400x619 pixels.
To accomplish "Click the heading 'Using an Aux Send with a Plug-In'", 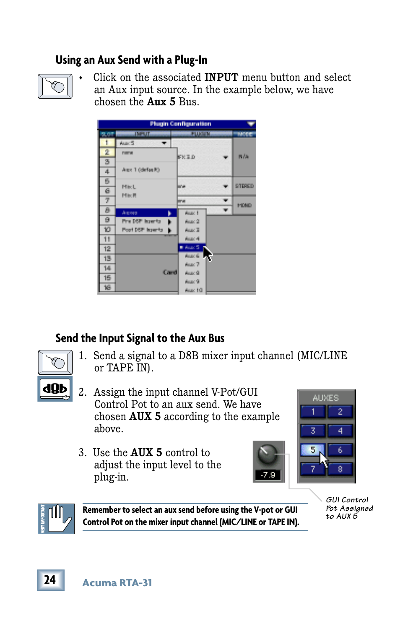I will click(x=131, y=60).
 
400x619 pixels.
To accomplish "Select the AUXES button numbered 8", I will click(x=340, y=469).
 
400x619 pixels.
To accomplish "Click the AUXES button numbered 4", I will click(x=340, y=431).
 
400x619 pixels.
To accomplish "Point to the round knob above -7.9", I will click(x=268, y=454).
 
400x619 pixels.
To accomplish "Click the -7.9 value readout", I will click(x=268, y=475).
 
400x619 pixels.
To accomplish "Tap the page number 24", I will click(x=50, y=580).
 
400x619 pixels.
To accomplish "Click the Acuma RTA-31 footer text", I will click(x=117, y=583).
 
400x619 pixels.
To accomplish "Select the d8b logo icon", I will click(x=55, y=389).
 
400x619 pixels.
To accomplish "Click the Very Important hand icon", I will click(x=56, y=519).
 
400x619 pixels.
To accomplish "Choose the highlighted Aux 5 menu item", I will click(x=192, y=248).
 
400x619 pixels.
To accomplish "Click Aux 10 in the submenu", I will click(x=193, y=290).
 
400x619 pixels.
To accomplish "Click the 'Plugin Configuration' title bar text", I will click(x=180, y=124).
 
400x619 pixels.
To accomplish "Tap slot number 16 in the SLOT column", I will click(x=107, y=287).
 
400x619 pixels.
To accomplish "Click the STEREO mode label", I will click(x=244, y=186).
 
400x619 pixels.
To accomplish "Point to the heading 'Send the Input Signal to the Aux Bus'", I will click(x=140, y=338).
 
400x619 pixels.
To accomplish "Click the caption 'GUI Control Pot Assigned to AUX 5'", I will click(x=349, y=508).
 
